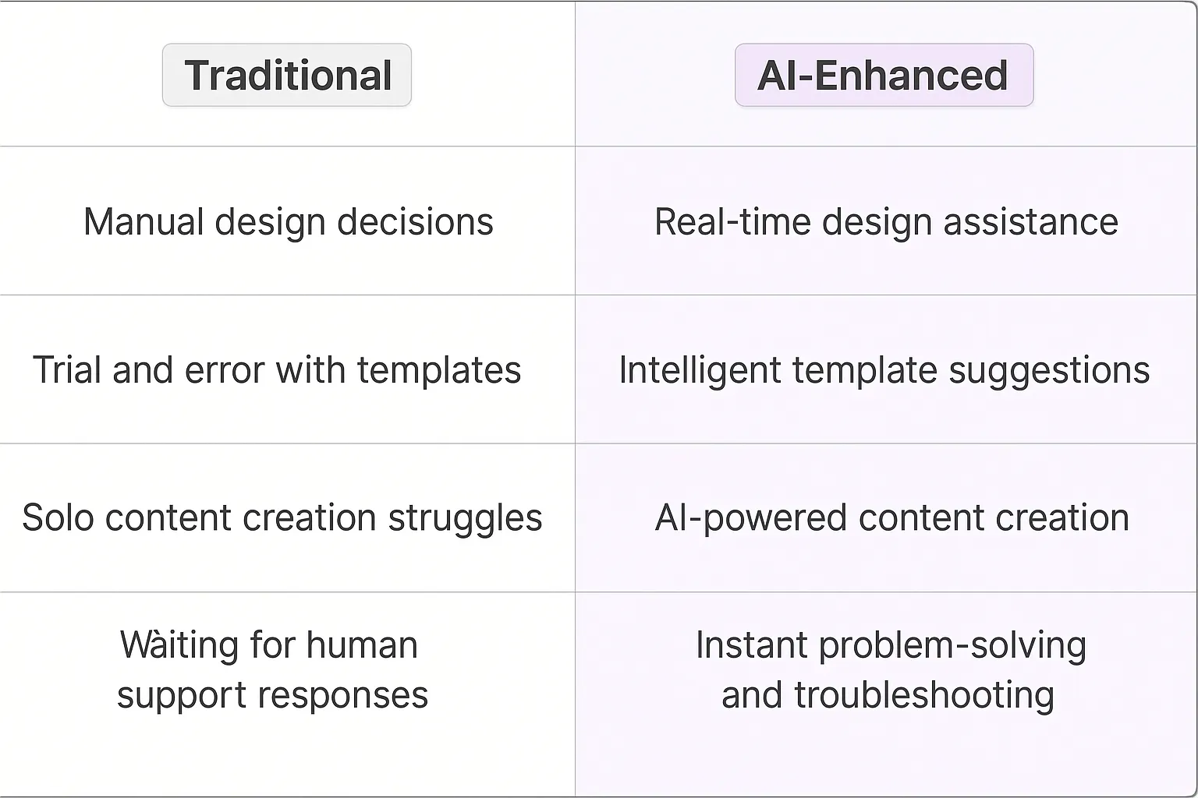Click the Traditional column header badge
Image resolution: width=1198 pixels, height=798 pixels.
[x=287, y=75]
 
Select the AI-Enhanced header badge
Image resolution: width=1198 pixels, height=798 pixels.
[x=884, y=75]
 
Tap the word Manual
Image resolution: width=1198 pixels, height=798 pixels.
[x=144, y=222]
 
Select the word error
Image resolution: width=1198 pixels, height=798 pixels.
[x=225, y=370]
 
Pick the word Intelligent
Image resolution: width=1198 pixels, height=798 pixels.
[x=700, y=370]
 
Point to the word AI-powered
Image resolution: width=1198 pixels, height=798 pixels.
[x=750, y=518]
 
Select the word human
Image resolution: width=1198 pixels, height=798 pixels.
[x=362, y=646]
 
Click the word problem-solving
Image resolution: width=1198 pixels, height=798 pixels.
[x=952, y=646]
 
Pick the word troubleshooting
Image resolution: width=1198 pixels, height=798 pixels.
[x=924, y=696]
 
